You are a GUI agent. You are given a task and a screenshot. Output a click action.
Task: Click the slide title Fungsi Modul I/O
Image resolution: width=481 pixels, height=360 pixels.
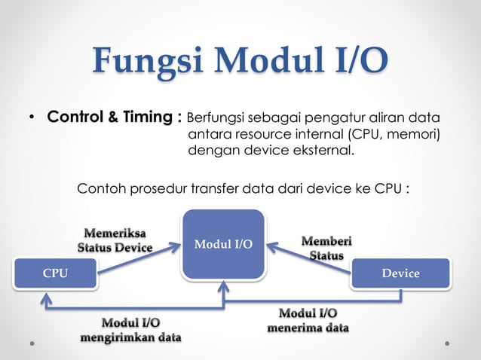pyautogui.click(x=241, y=62)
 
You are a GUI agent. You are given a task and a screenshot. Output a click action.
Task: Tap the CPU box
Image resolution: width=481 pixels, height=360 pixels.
pyautogui.click(x=55, y=273)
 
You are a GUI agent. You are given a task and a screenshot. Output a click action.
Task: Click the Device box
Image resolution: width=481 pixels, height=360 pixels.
pyautogui.click(x=400, y=273)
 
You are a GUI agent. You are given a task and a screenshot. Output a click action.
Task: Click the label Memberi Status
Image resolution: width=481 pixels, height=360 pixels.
pyautogui.click(x=326, y=248)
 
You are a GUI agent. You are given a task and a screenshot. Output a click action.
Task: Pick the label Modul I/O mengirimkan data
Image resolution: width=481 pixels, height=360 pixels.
pyautogui.click(x=131, y=330)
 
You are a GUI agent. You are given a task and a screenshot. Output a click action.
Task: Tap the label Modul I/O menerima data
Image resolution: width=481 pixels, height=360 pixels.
pyautogui.click(x=308, y=320)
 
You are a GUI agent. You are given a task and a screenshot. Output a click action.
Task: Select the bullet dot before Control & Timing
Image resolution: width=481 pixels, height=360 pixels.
pyautogui.click(x=32, y=119)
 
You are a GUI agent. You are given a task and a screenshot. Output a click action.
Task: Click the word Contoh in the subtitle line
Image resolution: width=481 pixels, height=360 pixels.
pyautogui.click(x=100, y=187)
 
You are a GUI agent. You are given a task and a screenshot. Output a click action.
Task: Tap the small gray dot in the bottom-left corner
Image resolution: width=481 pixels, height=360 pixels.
pyautogui.click(x=32, y=342)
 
